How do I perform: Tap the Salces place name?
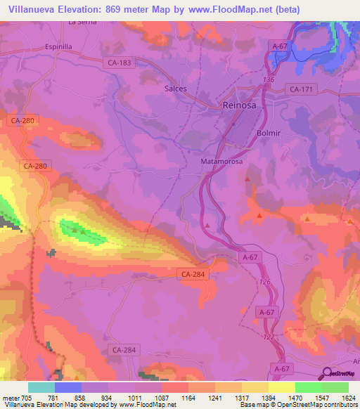(x=195, y=89)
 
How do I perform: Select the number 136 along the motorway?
(x=269, y=80)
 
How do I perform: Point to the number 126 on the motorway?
(x=264, y=282)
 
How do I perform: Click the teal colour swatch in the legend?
(x=41, y=387)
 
